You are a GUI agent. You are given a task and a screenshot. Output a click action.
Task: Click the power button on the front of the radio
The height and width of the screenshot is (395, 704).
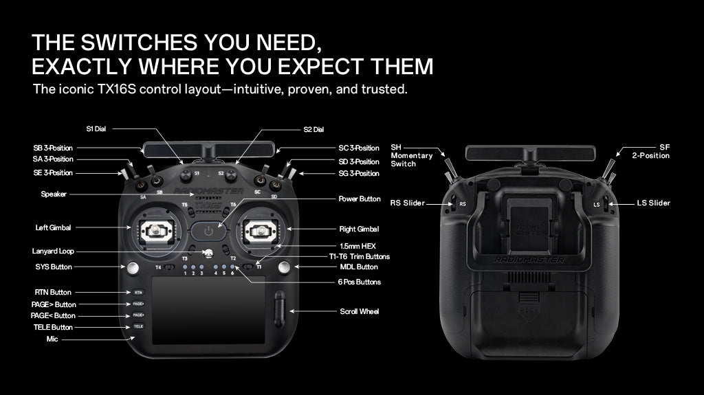208,232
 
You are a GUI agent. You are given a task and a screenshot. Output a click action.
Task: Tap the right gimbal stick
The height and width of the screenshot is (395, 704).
261,232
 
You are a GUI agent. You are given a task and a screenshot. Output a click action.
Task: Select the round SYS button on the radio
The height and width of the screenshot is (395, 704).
133,268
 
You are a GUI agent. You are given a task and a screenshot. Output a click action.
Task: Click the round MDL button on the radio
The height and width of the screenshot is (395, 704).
284,268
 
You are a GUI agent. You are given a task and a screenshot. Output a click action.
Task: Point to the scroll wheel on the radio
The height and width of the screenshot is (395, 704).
279,309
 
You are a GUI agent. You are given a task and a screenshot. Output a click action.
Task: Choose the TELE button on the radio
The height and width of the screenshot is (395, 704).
138,326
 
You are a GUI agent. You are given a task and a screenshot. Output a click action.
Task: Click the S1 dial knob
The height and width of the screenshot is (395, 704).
186,175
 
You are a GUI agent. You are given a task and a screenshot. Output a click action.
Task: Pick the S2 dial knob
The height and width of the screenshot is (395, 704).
231,175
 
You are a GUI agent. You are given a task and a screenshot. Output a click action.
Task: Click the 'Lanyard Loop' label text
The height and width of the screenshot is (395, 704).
53,251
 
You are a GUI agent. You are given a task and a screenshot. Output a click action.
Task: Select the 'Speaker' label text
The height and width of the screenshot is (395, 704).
54,194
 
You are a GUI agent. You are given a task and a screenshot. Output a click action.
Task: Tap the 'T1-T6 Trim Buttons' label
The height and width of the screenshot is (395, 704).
359,257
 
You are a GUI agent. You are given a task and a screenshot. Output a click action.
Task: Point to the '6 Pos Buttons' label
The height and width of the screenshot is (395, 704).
359,282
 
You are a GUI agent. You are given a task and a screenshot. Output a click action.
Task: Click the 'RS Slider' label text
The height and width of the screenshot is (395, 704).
407,203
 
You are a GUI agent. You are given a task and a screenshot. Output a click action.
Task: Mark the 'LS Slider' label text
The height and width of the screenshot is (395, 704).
653,203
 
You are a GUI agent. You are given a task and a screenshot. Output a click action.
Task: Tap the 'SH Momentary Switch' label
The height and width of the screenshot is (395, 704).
412,156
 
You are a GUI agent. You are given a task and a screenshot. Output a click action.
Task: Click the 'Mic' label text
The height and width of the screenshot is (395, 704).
52,339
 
